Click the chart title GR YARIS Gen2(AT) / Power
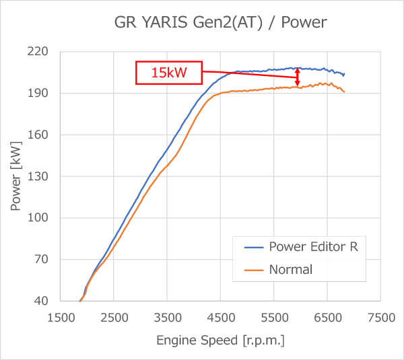point(220,23)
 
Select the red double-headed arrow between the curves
point(298,77)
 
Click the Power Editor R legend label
point(314,247)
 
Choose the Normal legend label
point(291,270)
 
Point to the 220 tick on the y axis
point(40,52)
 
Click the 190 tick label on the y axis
point(40,94)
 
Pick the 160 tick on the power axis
point(40,135)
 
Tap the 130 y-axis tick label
point(40,176)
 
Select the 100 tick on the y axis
point(40,218)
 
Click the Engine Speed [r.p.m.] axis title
point(220,340)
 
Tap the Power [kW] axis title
point(16,176)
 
